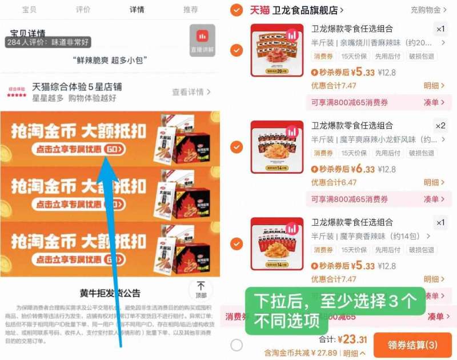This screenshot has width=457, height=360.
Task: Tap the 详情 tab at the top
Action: (x=137, y=10)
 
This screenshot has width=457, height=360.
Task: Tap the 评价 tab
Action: (x=83, y=10)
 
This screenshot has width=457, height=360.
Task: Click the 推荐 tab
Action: (x=191, y=10)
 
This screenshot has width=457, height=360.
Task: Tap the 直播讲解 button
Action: (x=202, y=41)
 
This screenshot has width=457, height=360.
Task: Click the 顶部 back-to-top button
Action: (x=201, y=290)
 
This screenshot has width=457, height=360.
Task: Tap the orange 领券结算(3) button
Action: (x=412, y=345)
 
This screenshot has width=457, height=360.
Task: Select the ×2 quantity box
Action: (x=440, y=126)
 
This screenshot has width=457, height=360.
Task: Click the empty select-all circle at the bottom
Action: (x=236, y=345)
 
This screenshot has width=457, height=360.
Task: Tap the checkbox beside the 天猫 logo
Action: (x=236, y=10)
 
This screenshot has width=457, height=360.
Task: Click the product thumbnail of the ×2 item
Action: (x=277, y=147)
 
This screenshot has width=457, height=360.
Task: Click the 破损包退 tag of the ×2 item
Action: (x=421, y=153)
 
